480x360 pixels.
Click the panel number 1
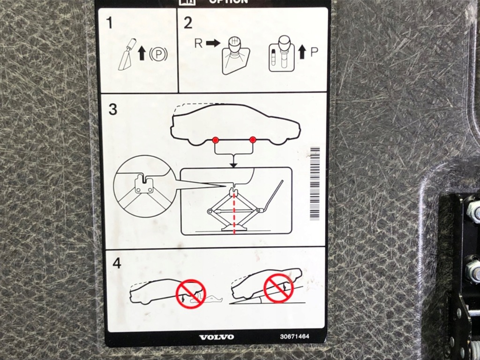click(110, 23)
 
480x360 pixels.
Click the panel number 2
click(188, 23)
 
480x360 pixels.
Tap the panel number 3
click(113, 109)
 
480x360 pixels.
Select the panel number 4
click(117, 263)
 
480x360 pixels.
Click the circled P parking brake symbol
click(158, 55)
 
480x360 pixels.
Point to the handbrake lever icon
click(127, 54)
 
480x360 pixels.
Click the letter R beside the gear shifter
click(198, 43)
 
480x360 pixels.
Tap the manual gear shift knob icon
click(235, 55)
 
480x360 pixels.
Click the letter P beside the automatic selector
click(314, 52)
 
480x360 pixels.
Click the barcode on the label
click(315, 183)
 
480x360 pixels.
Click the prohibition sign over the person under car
click(191, 294)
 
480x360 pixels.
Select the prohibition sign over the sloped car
click(278, 288)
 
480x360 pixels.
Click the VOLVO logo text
click(216, 337)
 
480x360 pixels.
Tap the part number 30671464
click(295, 336)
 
